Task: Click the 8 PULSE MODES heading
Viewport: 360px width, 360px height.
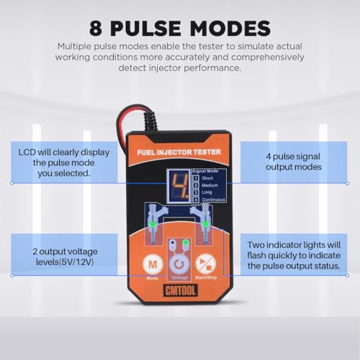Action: pyautogui.click(x=180, y=27)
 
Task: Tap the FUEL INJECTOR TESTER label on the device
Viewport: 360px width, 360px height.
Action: pyautogui.click(x=179, y=152)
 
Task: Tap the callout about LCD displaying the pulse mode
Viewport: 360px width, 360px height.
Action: pyautogui.click(x=55, y=163)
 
